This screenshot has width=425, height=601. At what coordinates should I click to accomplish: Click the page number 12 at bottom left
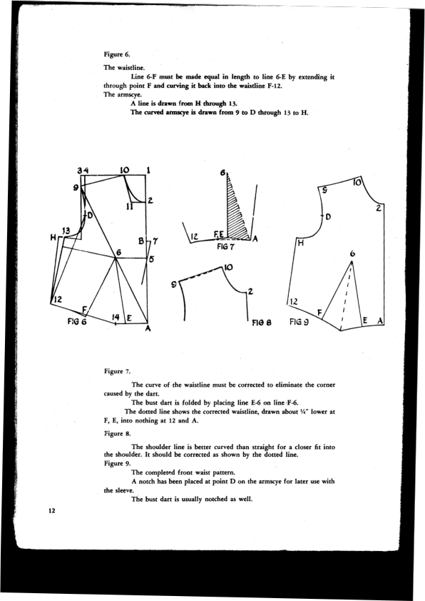pyautogui.click(x=52, y=511)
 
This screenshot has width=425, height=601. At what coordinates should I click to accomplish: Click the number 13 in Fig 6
pyautogui.click(x=66, y=231)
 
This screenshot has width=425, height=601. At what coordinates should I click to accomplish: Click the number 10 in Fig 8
pyautogui.click(x=228, y=268)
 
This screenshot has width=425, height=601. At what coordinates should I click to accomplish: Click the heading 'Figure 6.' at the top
pyautogui.click(x=117, y=54)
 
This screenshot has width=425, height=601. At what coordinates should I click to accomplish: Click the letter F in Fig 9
pyautogui.click(x=319, y=312)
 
